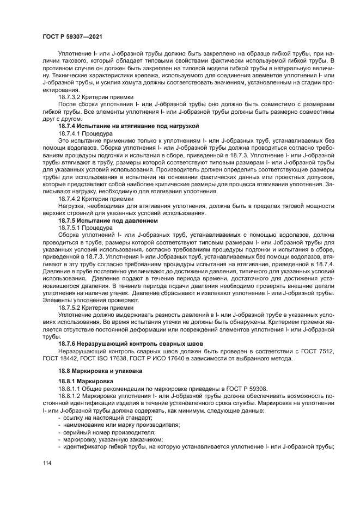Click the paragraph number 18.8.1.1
(x=70, y=389)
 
